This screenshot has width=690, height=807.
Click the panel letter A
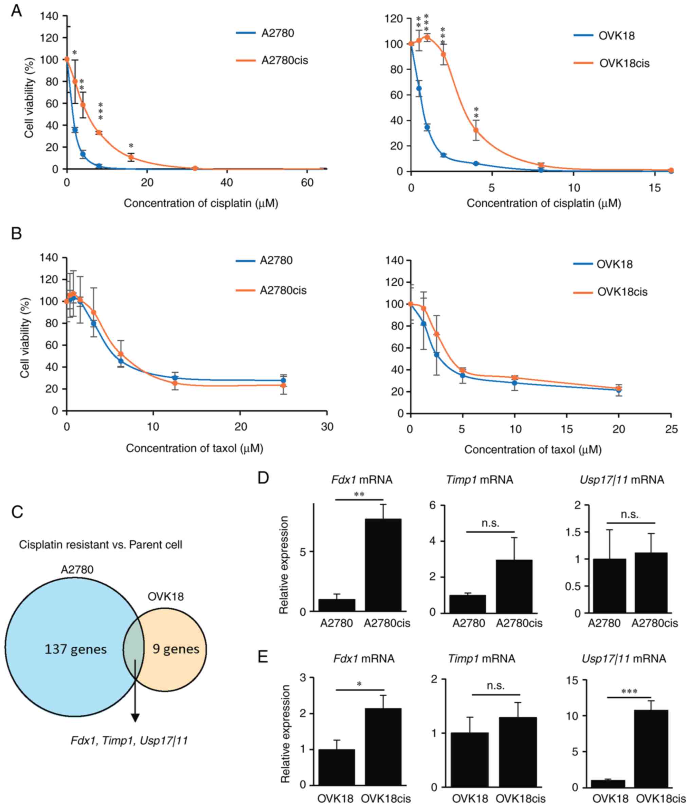click(x=16, y=11)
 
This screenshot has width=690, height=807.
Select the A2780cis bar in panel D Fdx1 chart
click(x=383, y=565)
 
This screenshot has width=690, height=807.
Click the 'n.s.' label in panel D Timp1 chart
click(x=490, y=523)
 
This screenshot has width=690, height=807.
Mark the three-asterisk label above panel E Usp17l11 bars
click(x=629, y=692)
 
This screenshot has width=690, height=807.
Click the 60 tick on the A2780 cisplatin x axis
click(x=307, y=182)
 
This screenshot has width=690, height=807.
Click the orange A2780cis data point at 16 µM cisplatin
click(x=131, y=157)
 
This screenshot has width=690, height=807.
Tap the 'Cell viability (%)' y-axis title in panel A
click(x=29, y=97)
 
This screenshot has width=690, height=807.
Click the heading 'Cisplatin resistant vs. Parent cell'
click(x=101, y=544)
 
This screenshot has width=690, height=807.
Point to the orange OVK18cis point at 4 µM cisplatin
click(x=476, y=130)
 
